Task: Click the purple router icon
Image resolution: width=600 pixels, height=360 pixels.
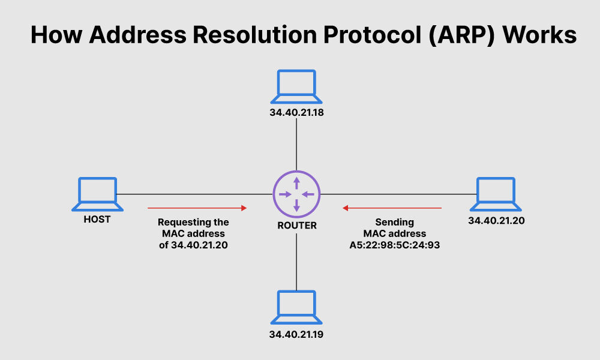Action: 296,194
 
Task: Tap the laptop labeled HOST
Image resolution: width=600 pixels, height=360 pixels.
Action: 97,194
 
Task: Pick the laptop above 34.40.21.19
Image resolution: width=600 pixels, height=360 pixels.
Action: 296,307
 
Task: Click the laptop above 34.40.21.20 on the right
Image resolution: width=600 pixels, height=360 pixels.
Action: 496,194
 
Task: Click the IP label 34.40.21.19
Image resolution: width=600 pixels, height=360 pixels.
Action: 296,334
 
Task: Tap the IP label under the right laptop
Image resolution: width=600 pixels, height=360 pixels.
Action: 496,220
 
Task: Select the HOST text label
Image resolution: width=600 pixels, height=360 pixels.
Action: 97,220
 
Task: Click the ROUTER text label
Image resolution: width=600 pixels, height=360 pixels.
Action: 296,226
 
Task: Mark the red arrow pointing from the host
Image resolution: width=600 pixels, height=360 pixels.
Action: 197,208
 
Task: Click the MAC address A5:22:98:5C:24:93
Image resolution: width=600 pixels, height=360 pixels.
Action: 395,245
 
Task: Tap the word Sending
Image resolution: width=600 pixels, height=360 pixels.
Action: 395,222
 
